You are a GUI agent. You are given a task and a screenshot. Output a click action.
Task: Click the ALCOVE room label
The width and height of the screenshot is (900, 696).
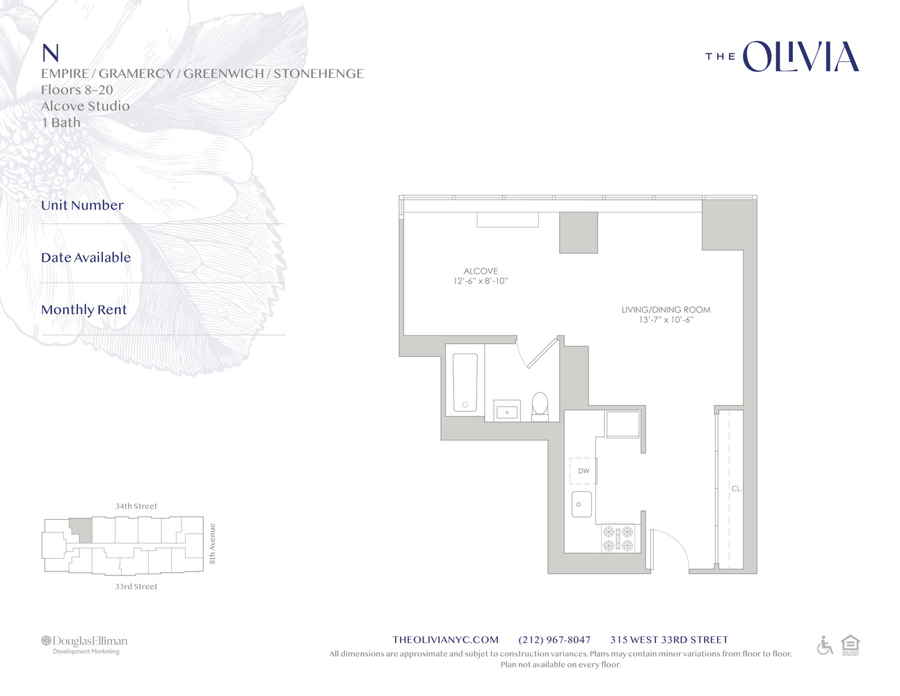point(481,271)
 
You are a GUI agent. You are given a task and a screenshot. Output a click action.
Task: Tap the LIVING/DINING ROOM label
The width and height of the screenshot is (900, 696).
point(666,310)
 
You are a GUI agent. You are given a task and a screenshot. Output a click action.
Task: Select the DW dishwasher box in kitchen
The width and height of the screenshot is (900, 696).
point(584,471)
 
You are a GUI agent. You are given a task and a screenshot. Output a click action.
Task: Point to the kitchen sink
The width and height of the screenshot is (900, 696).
point(581,505)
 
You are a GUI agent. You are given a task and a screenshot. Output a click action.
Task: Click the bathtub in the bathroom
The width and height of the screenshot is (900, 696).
point(465,383)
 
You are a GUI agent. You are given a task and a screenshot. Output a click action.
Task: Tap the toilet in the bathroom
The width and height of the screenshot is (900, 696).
point(540,406)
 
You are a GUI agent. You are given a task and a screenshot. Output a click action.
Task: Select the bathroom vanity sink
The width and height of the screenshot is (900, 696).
point(507,411)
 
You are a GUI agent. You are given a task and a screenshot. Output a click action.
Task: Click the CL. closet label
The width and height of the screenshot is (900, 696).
point(737,489)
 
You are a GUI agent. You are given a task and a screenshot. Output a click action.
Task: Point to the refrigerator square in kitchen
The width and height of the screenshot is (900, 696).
point(622,424)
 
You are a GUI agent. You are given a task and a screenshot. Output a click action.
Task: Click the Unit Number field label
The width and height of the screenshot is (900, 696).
point(82,205)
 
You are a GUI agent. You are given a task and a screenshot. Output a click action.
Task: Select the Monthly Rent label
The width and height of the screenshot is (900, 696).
point(84,310)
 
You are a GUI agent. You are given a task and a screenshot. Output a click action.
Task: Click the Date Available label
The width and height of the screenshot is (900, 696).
point(86,258)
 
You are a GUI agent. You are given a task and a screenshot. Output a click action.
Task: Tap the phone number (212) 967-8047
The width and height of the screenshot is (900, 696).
point(554,640)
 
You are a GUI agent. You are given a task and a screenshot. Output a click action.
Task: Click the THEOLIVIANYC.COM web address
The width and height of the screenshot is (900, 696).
point(445,640)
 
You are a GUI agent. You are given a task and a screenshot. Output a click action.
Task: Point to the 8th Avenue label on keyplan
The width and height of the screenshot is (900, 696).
point(213,544)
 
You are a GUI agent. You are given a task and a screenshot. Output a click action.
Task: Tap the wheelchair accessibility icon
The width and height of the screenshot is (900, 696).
point(824,645)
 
